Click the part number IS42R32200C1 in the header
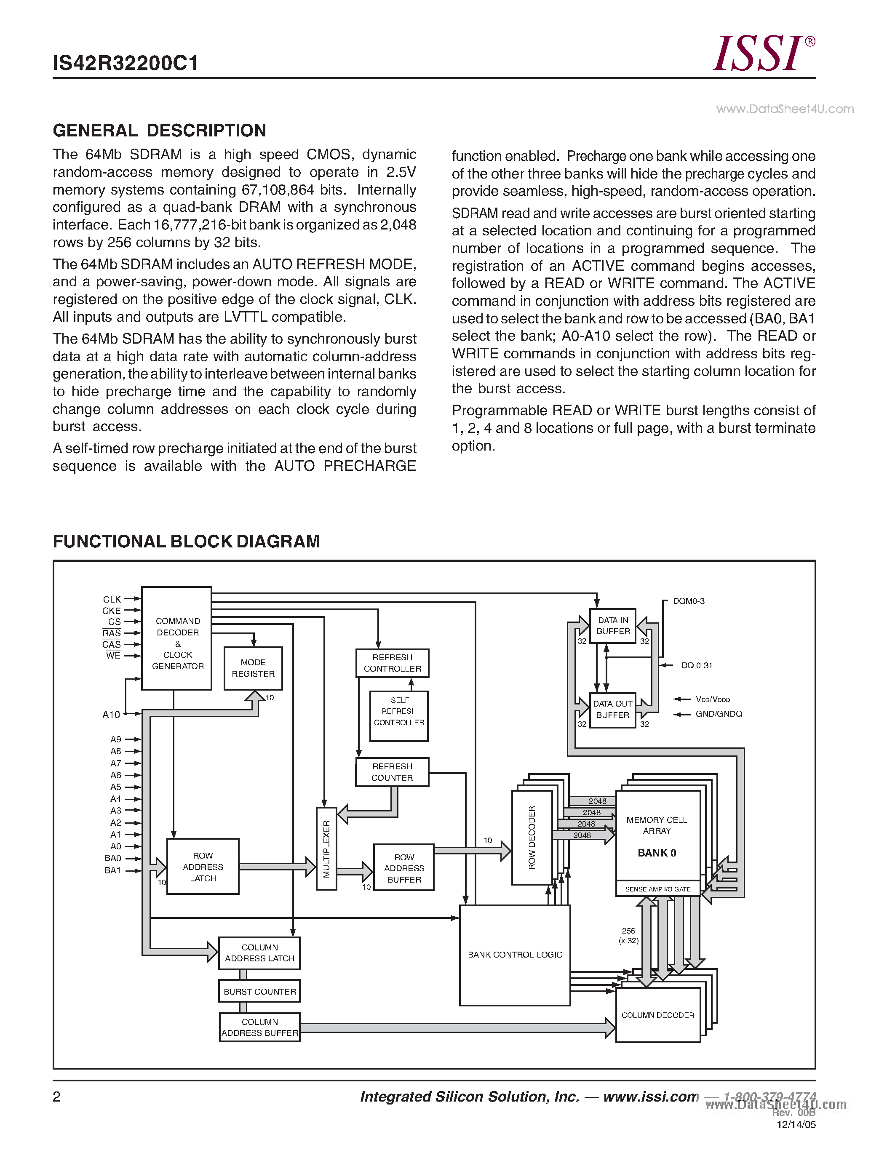[125, 63]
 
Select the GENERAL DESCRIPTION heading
[159, 131]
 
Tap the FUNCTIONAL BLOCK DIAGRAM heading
[186, 542]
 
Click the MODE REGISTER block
[253, 668]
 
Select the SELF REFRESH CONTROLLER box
[399, 712]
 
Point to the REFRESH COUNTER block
[392, 772]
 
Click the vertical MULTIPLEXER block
[326, 849]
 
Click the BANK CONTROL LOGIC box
[514, 954]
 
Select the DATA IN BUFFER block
[612, 626]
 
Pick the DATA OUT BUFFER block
[612, 710]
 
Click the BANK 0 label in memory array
[657, 853]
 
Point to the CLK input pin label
[112, 599]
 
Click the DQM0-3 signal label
[688, 601]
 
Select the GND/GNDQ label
[719, 714]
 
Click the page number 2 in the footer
[57, 1097]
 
